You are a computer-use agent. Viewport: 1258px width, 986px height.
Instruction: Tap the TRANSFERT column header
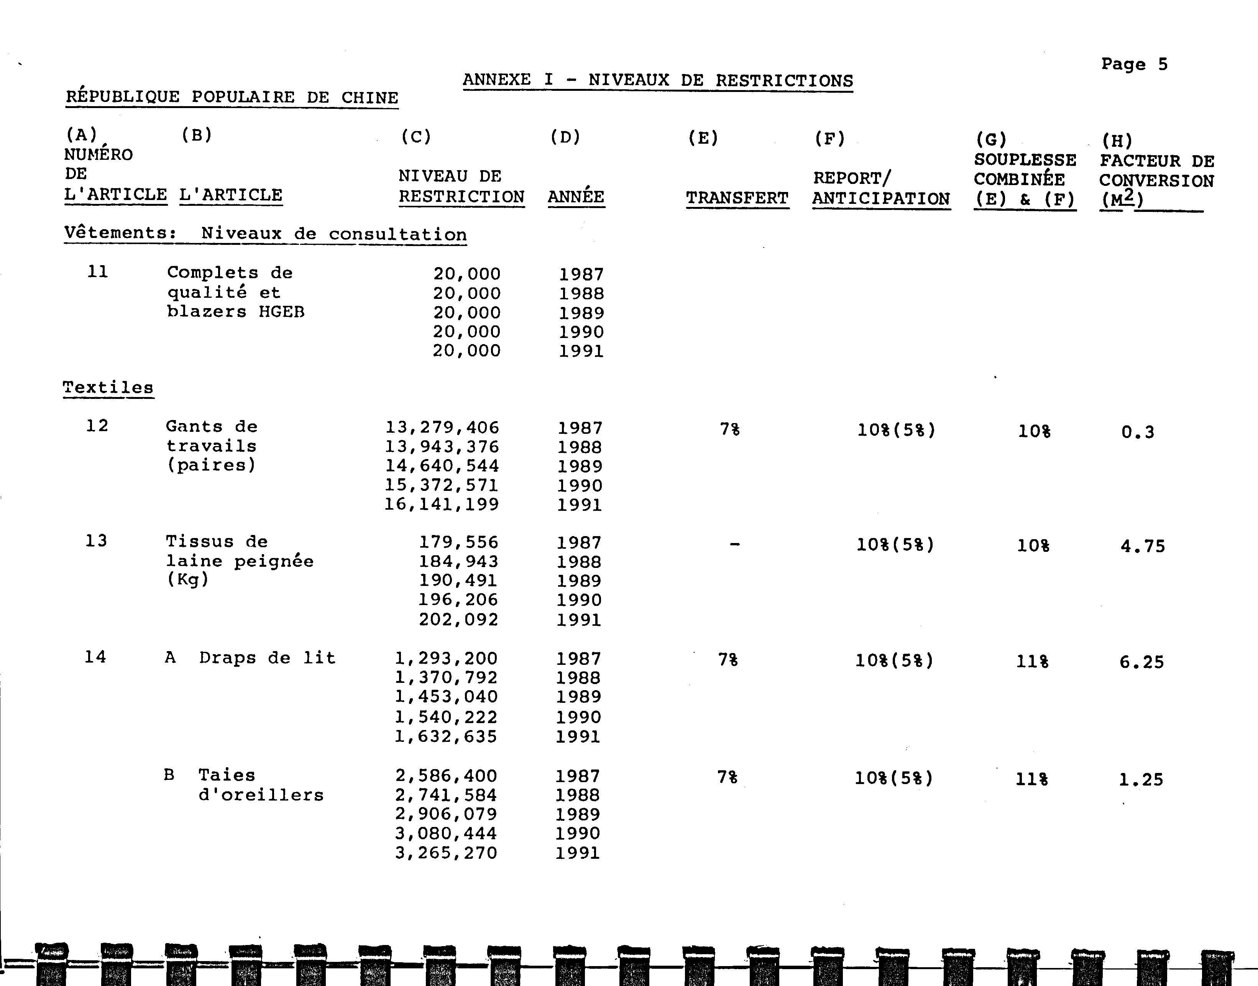737,198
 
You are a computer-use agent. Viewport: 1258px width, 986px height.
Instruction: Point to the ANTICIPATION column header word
880,199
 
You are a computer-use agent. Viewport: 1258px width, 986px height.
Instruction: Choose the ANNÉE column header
576,197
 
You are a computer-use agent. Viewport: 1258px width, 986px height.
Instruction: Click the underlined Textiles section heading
108,387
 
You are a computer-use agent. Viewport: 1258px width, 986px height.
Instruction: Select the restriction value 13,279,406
442,428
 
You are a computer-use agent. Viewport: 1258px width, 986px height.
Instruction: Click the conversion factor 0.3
1137,432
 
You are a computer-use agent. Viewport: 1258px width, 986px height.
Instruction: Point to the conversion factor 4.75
1143,546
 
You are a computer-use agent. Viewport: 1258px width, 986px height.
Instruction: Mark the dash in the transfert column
734,544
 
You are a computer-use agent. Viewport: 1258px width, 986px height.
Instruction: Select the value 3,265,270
446,853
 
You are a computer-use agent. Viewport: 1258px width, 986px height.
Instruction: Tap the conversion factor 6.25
1141,662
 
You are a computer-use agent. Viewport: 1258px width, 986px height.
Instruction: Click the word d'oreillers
261,795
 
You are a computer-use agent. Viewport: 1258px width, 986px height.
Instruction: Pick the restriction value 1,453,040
446,697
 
